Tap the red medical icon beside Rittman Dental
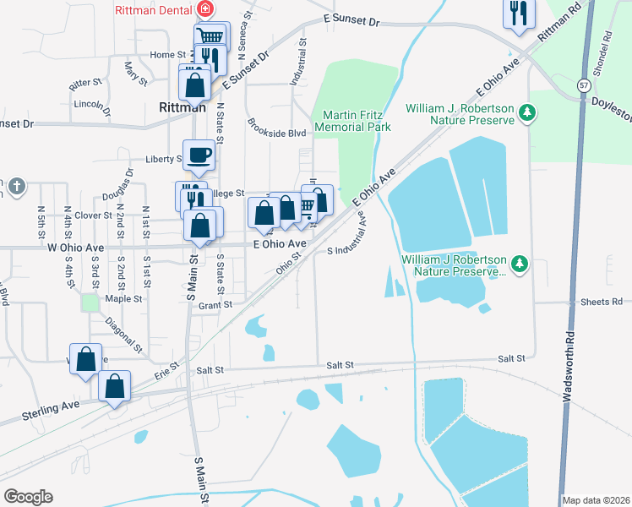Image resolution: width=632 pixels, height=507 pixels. pos(203,9)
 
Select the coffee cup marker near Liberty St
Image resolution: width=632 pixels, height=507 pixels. pos(199,155)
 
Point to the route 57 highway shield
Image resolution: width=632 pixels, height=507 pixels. pos(584,85)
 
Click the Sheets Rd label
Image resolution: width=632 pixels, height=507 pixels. pos(601,302)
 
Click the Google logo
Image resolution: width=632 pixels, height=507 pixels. pos(28,497)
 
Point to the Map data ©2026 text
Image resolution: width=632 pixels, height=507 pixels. pos(596,500)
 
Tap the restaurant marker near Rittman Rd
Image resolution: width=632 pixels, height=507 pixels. pos(520,14)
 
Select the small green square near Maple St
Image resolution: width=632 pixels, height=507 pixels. pos(90,302)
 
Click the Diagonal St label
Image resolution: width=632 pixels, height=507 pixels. pos(124,335)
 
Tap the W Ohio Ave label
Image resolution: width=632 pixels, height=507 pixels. pos(76,248)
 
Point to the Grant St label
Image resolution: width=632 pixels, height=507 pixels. pos(215,304)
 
